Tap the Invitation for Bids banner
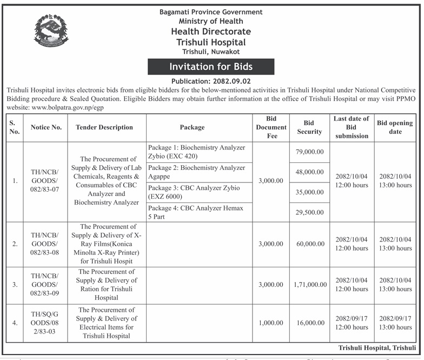(211, 67)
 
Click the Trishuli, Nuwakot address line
(211, 51)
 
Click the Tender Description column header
(104, 127)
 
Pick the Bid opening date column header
(395, 127)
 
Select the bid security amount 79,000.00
(309, 152)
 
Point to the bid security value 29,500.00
(309, 213)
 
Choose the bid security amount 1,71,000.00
(309, 284)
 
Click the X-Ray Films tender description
(104, 244)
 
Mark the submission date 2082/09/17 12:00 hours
(352, 323)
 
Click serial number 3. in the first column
(15, 284)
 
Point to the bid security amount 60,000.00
(309, 244)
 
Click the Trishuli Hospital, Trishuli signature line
(377, 347)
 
